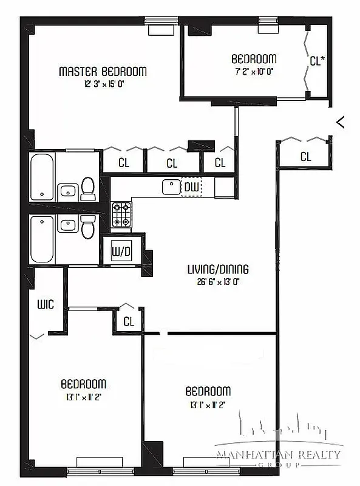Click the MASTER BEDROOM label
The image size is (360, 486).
click(102, 72)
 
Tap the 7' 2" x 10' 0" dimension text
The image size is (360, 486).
click(254, 71)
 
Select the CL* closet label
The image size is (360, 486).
click(317, 61)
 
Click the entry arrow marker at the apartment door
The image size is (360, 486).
click(341, 122)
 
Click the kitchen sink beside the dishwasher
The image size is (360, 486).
click(171, 187)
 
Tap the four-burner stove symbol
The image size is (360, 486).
click(121, 214)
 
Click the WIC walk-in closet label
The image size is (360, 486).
click(46, 304)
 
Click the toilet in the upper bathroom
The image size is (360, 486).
click(88, 189)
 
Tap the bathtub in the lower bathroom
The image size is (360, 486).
click(42, 238)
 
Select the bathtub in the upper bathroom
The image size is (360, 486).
click(42, 177)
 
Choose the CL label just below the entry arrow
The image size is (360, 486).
click(305, 157)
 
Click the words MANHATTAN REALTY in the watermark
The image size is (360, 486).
click(279, 454)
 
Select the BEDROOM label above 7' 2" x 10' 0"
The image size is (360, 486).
click(254, 59)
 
